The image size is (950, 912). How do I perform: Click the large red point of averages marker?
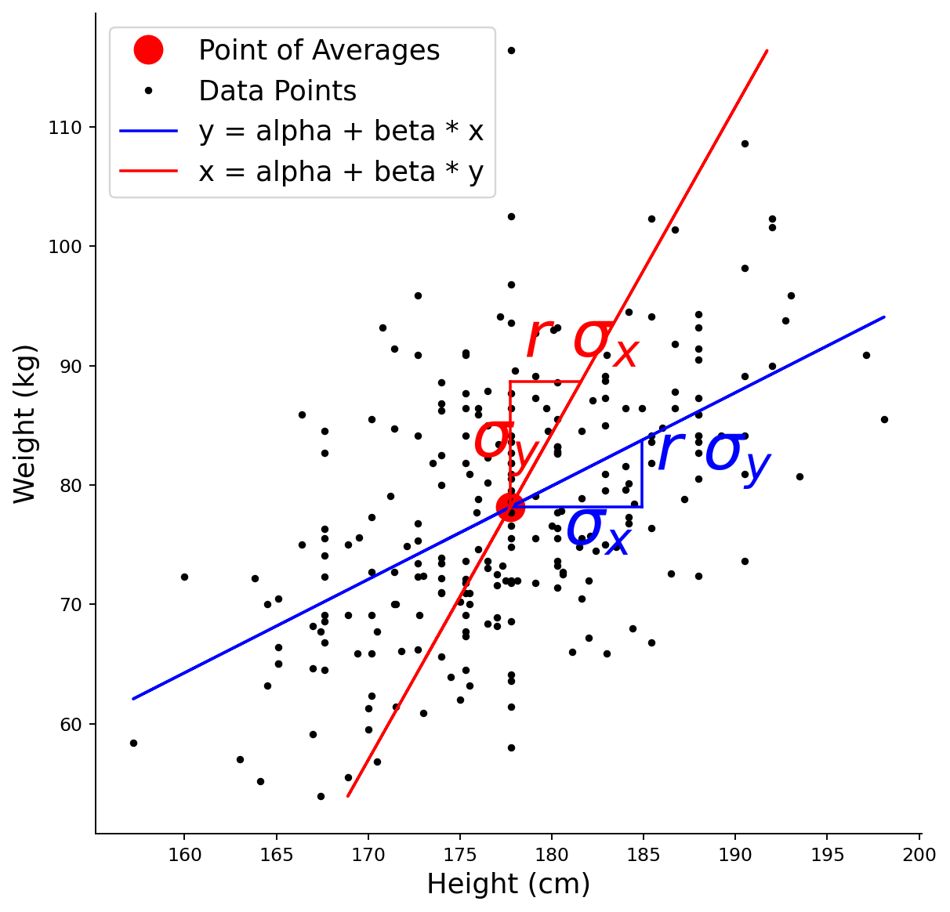point(510,507)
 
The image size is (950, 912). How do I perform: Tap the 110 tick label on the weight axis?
point(64,128)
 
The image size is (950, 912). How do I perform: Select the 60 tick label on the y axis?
point(71,725)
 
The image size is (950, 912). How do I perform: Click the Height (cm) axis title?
point(509,885)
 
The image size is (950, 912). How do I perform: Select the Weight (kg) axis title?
point(24,425)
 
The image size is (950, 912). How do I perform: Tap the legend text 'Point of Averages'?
point(319,50)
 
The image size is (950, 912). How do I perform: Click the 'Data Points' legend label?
point(277,91)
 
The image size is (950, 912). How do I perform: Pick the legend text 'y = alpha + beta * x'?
point(341,132)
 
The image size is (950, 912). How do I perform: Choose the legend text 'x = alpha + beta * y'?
point(341,172)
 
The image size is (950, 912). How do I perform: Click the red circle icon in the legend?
point(148,50)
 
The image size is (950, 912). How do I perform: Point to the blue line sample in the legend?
point(148,131)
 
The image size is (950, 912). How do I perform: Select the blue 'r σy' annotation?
point(714,454)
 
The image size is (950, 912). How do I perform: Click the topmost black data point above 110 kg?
point(511,51)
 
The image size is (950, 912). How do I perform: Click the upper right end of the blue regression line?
point(884,317)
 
